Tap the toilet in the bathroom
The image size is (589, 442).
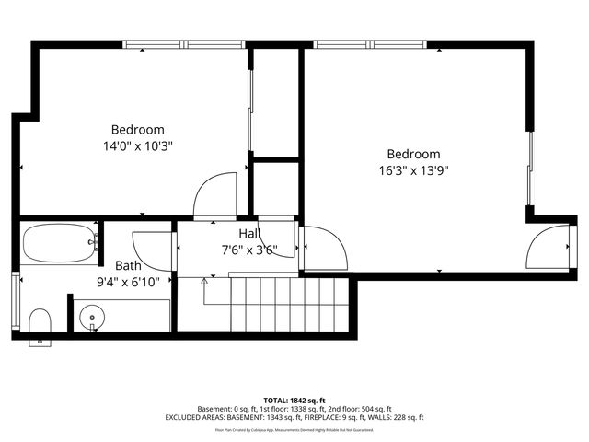click(40, 323)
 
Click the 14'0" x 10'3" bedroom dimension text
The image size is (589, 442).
click(138, 145)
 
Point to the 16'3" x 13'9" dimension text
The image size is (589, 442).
click(413, 169)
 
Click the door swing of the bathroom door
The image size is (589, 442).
click(152, 249)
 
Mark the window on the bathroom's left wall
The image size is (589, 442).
click(14, 301)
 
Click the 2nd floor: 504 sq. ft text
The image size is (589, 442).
click(361, 408)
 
